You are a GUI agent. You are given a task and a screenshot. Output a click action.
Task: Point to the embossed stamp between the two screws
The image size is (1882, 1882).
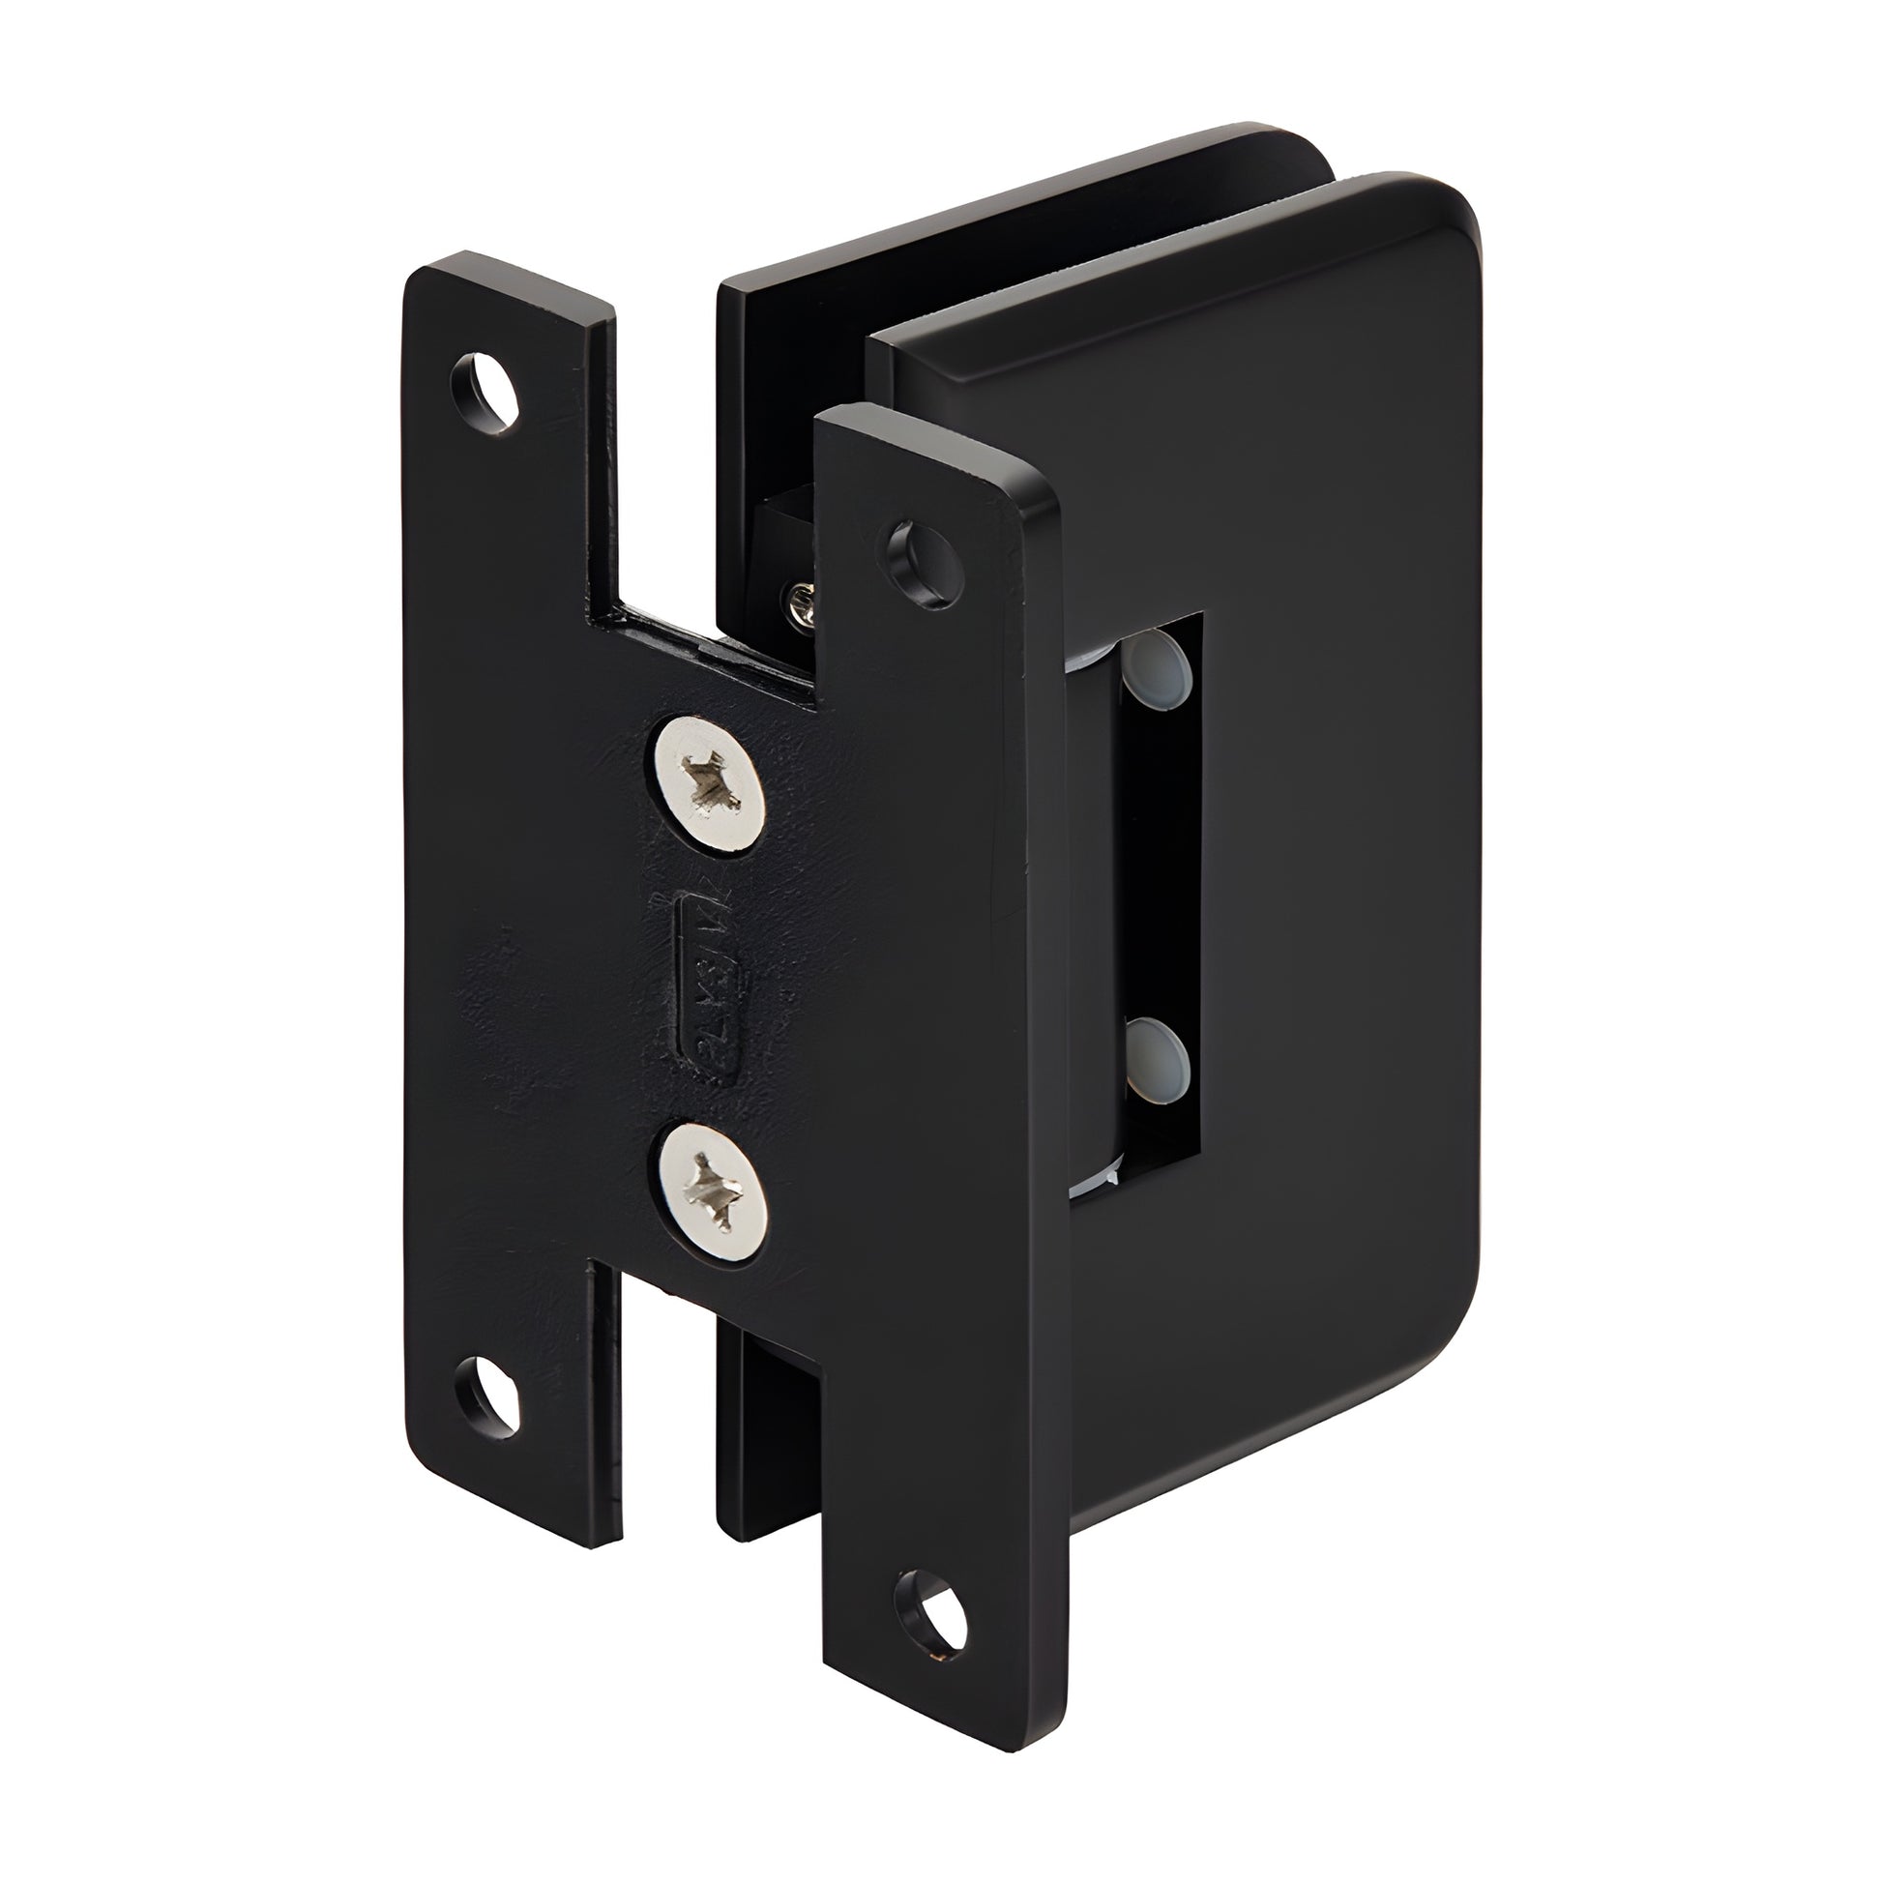click(x=711, y=989)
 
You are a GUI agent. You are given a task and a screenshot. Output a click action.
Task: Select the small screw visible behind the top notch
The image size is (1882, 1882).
click(x=805, y=601)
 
